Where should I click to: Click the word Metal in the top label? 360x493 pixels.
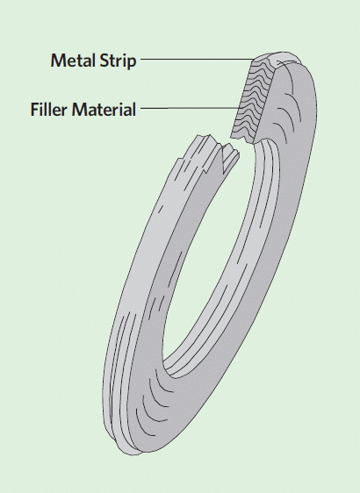click(74, 60)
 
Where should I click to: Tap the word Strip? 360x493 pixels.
click(118, 61)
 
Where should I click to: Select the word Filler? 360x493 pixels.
click(49, 110)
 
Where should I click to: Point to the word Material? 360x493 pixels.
click(104, 110)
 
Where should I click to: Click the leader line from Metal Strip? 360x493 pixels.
click(197, 59)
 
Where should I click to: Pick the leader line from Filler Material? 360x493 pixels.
click(191, 108)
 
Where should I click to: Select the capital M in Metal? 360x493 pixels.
click(58, 60)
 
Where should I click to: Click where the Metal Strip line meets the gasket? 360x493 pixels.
click(254, 59)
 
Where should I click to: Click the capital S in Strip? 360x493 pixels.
click(104, 61)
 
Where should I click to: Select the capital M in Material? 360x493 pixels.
click(79, 110)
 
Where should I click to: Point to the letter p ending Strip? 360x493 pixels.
click(133, 63)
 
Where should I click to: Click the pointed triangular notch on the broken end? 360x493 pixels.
click(226, 159)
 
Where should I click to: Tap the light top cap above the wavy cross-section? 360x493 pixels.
click(277, 58)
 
